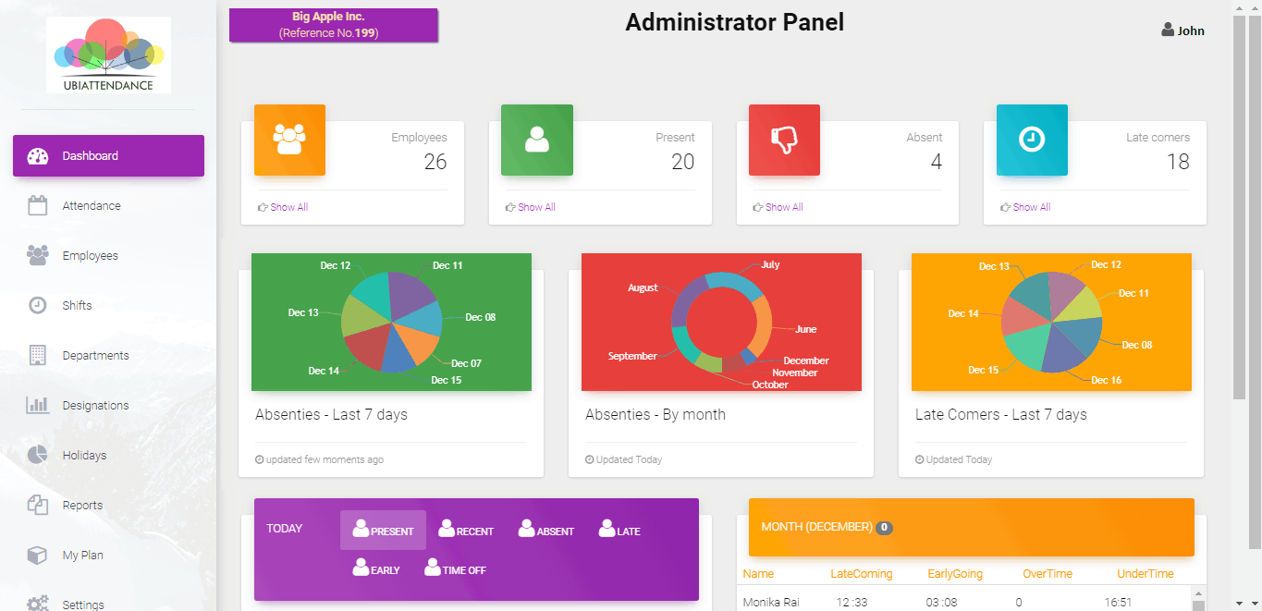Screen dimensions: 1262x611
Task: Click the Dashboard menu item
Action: coord(108,155)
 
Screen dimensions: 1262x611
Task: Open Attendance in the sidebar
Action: coord(92,205)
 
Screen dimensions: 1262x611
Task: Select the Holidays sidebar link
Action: coord(84,455)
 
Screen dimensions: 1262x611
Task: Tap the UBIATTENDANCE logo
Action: coord(108,55)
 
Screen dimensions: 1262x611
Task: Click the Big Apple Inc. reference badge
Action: coord(334,25)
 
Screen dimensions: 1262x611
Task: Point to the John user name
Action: coord(1191,31)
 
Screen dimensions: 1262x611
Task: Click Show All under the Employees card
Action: coord(288,207)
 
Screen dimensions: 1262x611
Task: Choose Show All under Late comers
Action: coord(1031,207)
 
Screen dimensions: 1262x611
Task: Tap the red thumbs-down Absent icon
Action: coord(784,140)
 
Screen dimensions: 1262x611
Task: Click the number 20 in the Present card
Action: coord(682,162)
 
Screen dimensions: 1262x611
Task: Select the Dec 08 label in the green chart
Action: coord(480,317)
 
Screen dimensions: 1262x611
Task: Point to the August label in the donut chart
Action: coord(643,287)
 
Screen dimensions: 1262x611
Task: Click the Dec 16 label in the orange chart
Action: coord(1106,380)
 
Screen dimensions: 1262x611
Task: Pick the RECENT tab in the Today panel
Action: coord(466,530)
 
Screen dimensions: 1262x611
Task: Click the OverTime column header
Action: coord(1048,574)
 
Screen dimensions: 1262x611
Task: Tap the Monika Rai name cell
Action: coord(771,602)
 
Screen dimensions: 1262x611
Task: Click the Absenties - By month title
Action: coord(656,414)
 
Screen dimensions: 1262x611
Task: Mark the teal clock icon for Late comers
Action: coord(1032,140)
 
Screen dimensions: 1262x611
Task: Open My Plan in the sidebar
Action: coord(83,556)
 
